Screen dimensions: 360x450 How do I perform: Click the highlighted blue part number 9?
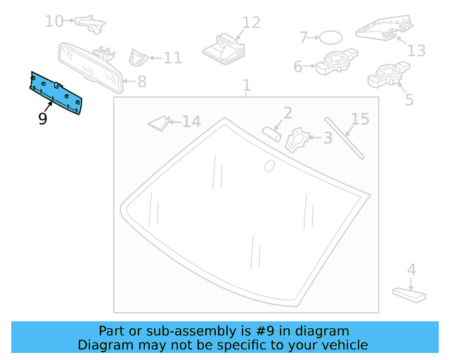[x=56, y=92]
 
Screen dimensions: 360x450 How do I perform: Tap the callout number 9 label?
[x=43, y=119]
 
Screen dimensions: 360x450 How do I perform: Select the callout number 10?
[x=54, y=21]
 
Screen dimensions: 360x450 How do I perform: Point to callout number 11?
[x=172, y=58]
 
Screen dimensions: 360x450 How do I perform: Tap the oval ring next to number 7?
[x=331, y=37]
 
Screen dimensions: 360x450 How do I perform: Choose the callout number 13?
[x=417, y=51]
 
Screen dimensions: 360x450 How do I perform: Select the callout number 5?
[x=409, y=99]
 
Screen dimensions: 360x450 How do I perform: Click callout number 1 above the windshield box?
[x=247, y=86]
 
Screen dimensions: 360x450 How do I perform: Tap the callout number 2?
[x=288, y=112]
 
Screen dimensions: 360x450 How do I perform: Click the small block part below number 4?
[x=408, y=293]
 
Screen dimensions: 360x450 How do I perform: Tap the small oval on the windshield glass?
[x=269, y=166]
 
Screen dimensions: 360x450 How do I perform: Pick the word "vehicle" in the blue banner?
[x=345, y=345]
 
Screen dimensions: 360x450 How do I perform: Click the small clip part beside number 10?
[x=91, y=24]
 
